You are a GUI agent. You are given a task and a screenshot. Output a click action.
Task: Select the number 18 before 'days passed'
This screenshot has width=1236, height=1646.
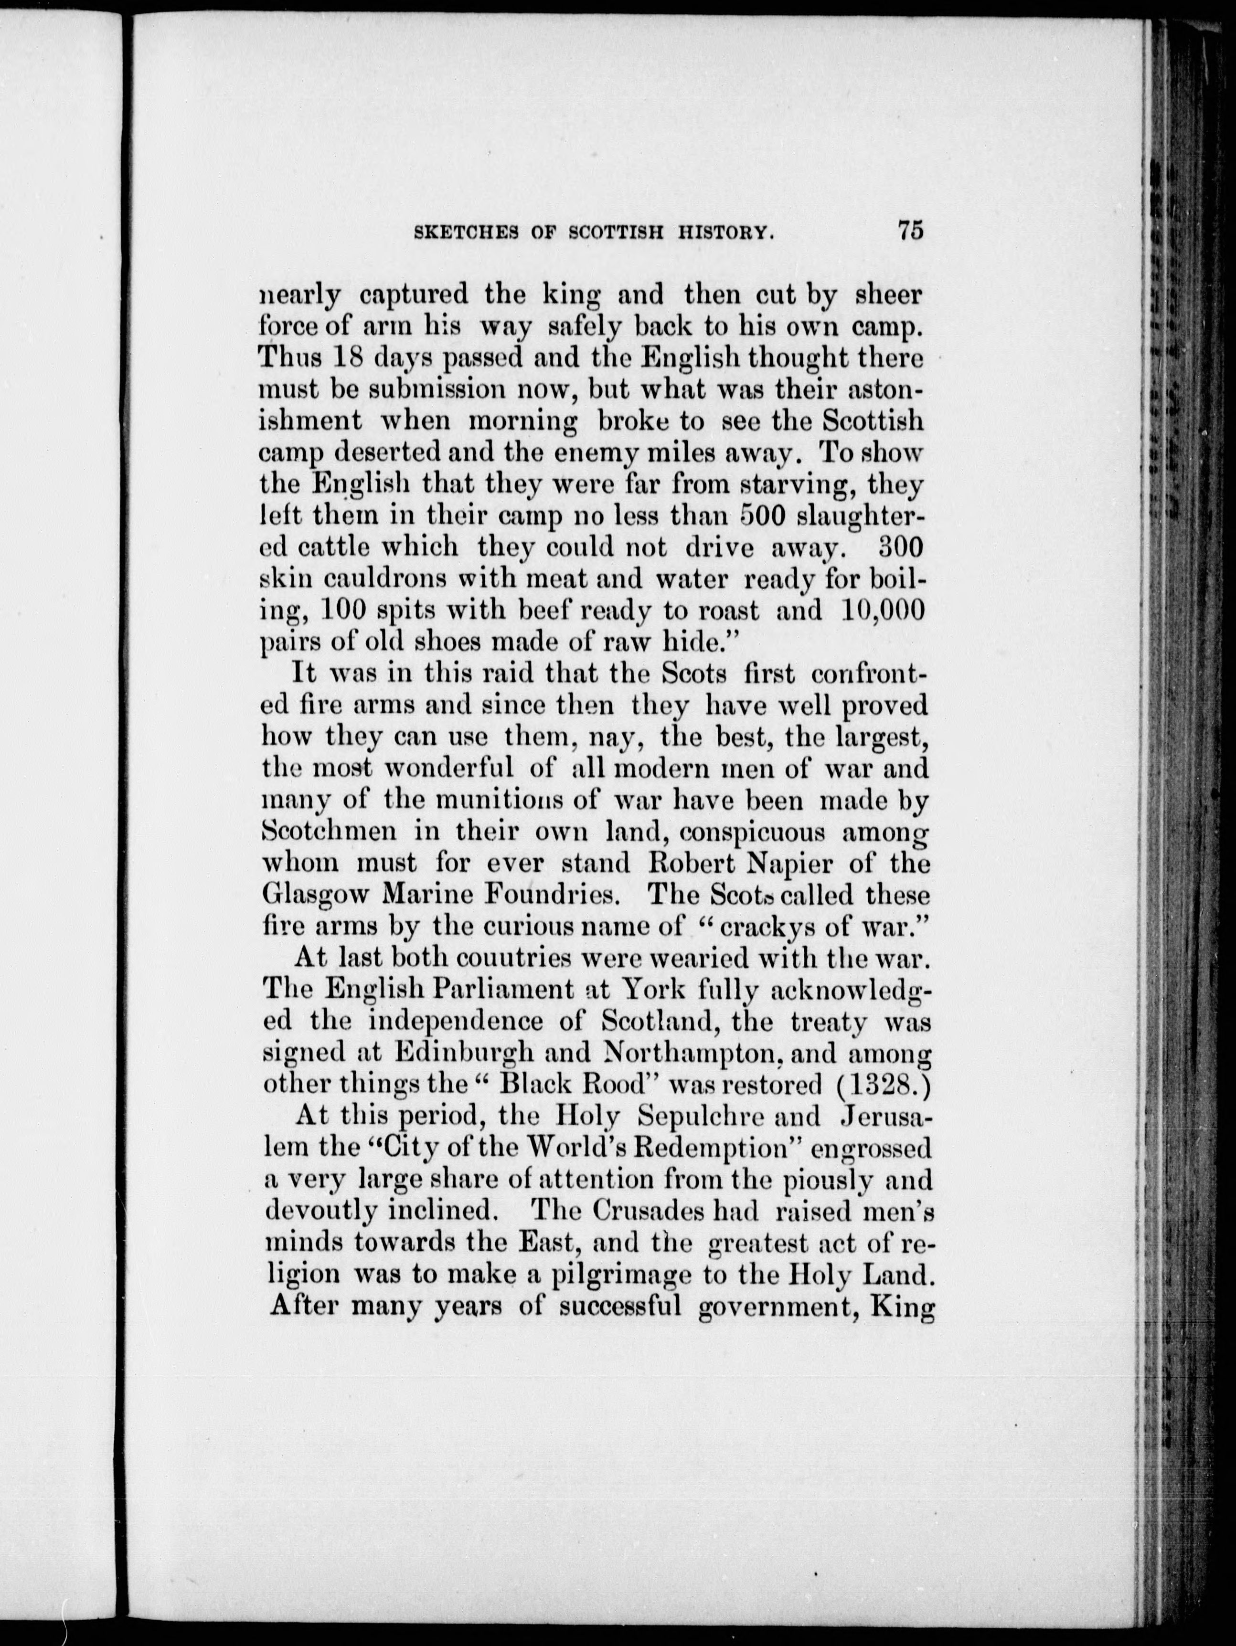tap(345, 358)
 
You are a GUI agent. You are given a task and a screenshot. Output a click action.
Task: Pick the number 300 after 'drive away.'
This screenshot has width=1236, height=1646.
tap(900, 547)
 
